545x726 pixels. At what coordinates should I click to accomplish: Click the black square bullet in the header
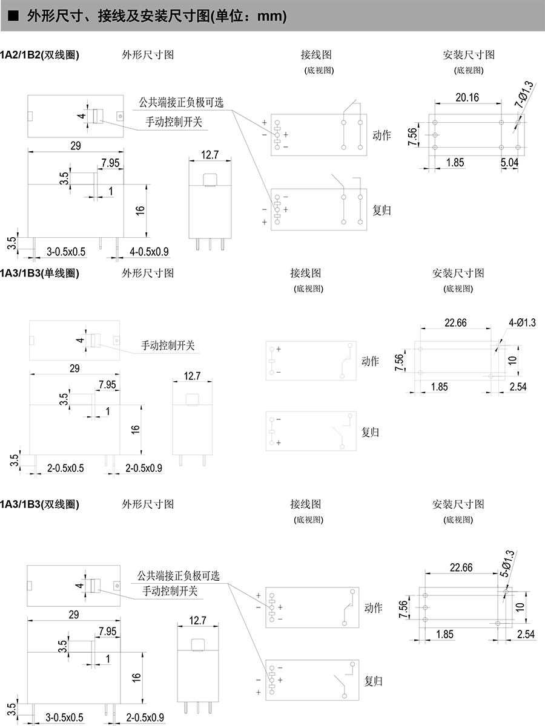[13, 16]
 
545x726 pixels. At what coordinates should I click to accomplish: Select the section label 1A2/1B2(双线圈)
[40, 54]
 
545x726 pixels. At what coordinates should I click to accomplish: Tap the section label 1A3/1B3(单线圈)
[40, 273]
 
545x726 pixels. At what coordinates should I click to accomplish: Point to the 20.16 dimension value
[467, 97]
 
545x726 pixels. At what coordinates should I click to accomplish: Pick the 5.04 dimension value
[509, 162]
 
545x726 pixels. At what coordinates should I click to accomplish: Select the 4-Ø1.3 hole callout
[522, 322]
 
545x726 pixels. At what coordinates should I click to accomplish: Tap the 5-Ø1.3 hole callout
[507, 563]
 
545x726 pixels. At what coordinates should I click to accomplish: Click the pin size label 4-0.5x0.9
[149, 252]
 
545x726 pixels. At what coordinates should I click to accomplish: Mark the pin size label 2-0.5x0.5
[65, 468]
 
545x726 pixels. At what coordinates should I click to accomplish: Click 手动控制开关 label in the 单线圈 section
[168, 345]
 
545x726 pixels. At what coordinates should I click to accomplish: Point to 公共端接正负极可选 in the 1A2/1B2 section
[181, 102]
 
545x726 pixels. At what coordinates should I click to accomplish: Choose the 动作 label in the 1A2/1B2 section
[381, 135]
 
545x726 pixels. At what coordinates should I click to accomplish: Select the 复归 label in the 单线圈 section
[370, 432]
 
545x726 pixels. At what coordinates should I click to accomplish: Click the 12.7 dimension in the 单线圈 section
[192, 376]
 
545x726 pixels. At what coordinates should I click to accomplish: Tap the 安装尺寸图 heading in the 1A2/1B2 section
[469, 54]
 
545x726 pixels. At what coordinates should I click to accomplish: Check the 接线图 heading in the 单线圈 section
[305, 273]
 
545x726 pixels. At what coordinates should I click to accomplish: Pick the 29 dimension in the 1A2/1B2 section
[76, 146]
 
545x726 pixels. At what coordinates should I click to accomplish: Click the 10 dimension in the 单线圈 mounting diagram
[512, 360]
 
